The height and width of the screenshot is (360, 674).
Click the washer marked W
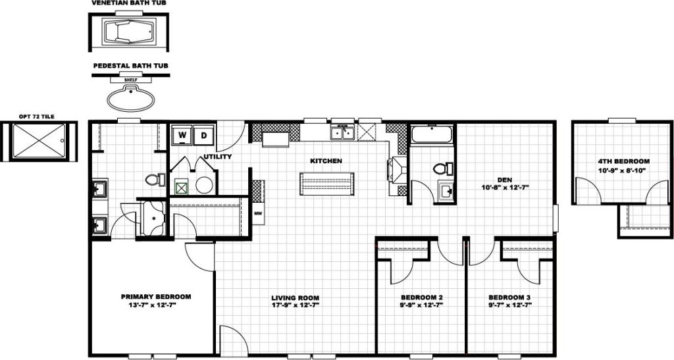point(182,134)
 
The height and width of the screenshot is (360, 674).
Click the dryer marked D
point(204,134)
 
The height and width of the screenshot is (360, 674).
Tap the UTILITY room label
point(217,157)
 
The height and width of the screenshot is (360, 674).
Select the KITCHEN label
point(326,161)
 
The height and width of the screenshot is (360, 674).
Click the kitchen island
point(327,184)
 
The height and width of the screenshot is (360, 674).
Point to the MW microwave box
point(258,213)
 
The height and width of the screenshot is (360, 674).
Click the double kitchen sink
point(342,133)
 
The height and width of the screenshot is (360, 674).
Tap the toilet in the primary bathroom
point(155,179)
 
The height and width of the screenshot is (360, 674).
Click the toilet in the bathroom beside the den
point(443,168)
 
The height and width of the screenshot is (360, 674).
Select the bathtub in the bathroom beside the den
point(432,134)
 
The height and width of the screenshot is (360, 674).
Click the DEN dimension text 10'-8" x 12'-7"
point(505,188)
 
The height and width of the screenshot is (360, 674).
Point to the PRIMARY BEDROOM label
point(155,297)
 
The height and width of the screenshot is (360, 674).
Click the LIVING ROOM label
point(296,297)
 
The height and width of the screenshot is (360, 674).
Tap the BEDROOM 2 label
point(422,297)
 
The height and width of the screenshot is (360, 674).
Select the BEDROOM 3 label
point(509,297)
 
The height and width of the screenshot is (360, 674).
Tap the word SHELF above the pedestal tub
point(130,80)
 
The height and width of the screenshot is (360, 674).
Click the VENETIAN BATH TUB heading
point(130,3)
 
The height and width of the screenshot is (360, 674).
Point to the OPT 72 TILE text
point(37,116)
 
